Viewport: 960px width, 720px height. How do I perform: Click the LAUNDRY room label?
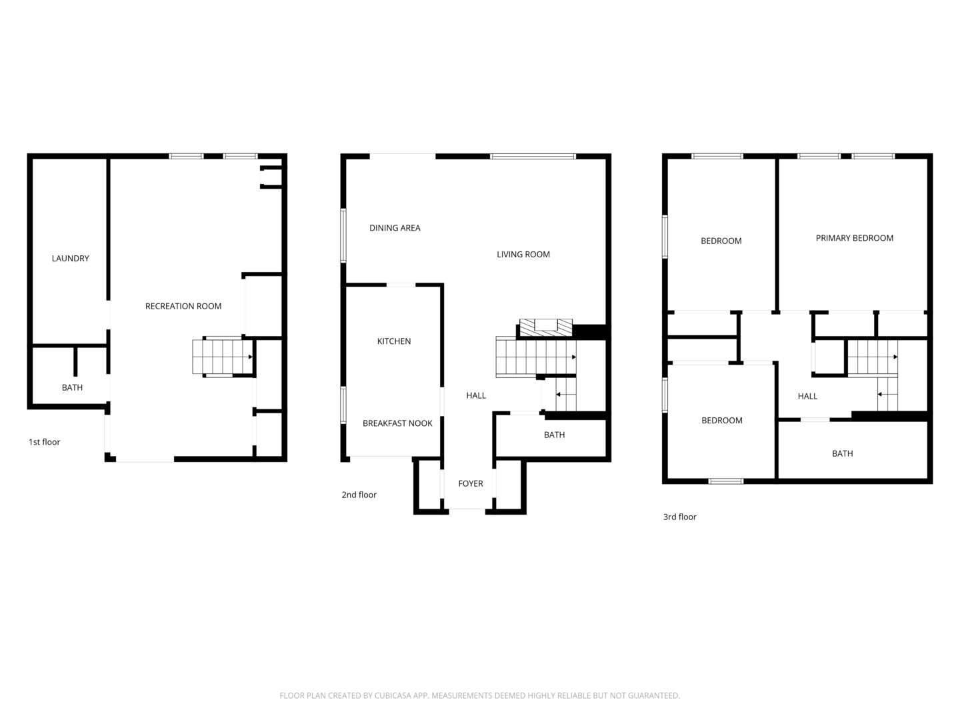coord(70,259)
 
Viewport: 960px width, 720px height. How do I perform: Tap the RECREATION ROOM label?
coord(183,307)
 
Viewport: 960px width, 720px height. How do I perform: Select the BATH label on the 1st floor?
coord(72,388)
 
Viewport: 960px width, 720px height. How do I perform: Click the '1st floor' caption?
coord(44,442)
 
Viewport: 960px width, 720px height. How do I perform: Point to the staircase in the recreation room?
coord(222,357)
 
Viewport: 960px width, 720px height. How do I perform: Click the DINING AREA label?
coord(395,228)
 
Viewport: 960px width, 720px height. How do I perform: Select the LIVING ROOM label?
coord(523,255)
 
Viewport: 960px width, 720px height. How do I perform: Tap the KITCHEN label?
coord(394,341)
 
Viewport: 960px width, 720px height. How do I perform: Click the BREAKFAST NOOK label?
coord(397,423)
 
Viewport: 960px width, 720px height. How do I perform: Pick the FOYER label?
coord(471,484)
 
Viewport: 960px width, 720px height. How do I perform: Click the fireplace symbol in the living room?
coord(545,327)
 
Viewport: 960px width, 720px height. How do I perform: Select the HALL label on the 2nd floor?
coord(476,396)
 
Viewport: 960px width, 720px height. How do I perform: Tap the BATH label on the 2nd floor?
coord(554,435)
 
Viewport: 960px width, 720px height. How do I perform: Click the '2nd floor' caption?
coord(359,495)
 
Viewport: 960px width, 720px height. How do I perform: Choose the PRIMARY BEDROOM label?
coord(854,239)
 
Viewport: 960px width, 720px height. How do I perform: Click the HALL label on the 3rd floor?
coord(807,397)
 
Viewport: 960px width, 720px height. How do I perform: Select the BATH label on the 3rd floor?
coord(842,454)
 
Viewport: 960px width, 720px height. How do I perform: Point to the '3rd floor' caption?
coord(679,517)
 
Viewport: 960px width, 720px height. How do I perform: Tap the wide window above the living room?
coord(533,157)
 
